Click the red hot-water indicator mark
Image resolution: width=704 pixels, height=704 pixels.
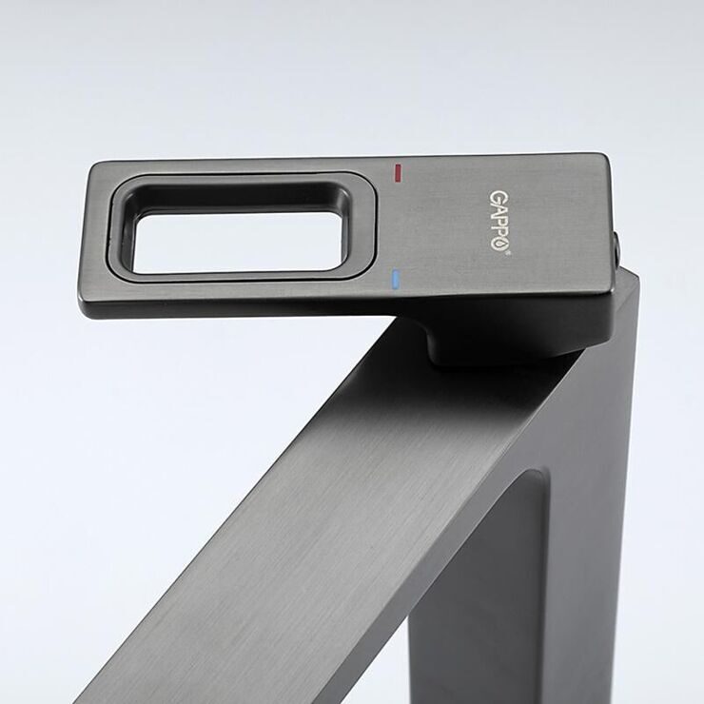398,172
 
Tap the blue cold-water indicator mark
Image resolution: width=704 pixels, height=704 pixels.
395,280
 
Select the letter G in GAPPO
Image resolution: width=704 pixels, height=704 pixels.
496,197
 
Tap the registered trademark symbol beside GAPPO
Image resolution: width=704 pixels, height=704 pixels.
509,253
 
